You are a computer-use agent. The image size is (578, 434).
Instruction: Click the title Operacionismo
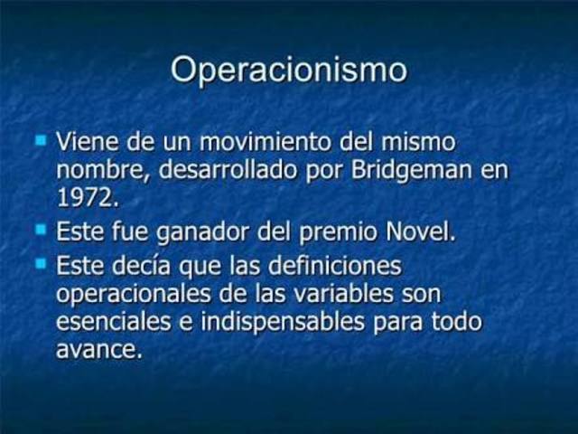288,70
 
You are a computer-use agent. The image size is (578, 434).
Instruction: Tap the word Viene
85,142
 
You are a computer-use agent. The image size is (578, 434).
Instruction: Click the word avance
98,349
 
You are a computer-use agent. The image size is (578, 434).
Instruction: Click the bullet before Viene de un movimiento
41,141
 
